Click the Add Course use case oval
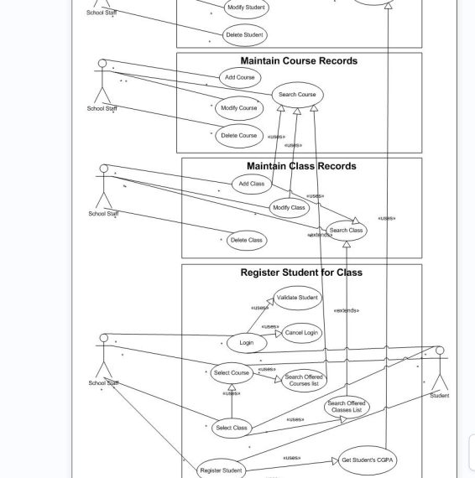239,78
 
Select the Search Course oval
297,95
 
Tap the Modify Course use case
237,108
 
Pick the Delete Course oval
239,136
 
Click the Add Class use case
251,184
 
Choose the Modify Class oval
290,208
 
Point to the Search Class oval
346,231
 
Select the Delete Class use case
246,240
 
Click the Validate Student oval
297,298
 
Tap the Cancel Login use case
301,333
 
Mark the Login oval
246,342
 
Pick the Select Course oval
232,373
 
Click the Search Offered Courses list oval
302,381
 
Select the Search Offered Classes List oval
347,408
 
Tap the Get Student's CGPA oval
368,460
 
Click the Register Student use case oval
221,470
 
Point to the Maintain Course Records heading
299,61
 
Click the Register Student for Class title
301,273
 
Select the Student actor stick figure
439,369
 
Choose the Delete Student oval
245,35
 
